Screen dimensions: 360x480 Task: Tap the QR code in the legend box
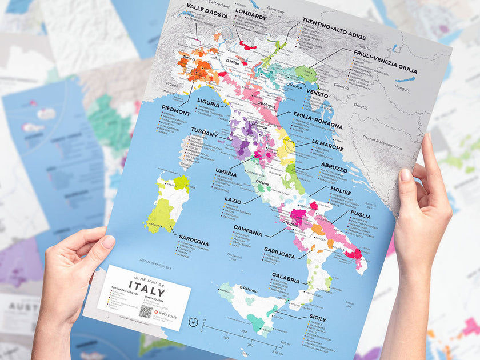point(146,312)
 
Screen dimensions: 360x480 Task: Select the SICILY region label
point(317,318)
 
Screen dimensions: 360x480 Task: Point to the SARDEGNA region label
point(193,240)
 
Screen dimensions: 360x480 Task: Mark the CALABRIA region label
point(286,279)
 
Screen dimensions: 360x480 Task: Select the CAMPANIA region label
point(247,234)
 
